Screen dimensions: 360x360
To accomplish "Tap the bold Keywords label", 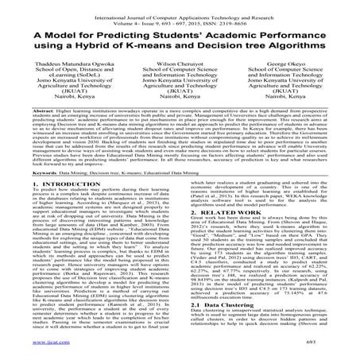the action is click(x=33, y=193).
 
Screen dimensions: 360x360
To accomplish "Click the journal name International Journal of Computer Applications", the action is click(x=151, y=7).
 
